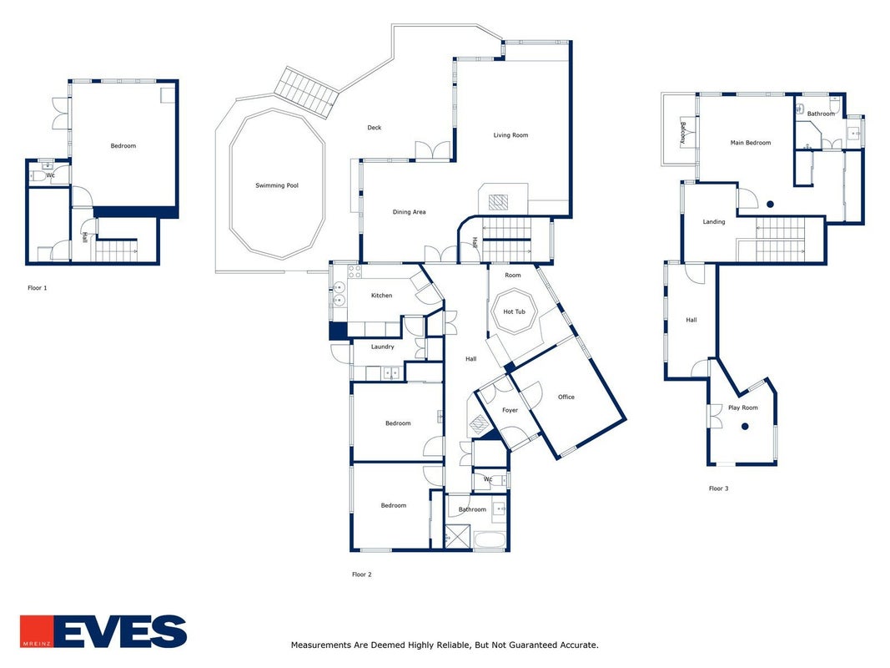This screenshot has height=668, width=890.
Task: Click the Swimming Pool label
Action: click(x=276, y=185)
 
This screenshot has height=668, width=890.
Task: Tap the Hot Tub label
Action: click(x=515, y=311)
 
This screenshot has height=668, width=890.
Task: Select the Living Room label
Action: click(x=510, y=135)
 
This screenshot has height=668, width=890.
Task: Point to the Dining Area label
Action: click(x=409, y=212)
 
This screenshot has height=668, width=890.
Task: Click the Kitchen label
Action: click(x=381, y=296)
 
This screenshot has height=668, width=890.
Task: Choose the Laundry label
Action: click(x=382, y=347)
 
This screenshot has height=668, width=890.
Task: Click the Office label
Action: click(x=566, y=397)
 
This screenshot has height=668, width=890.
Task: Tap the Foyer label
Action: click(x=510, y=410)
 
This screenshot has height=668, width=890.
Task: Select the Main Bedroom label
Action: click(x=751, y=143)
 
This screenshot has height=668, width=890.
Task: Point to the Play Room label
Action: click(x=742, y=407)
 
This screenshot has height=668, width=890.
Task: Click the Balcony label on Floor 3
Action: click(x=683, y=133)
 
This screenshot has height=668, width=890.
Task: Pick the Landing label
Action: click(x=713, y=221)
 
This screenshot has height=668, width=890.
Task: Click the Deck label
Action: click(x=374, y=128)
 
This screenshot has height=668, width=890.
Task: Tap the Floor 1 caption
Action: click(x=38, y=288)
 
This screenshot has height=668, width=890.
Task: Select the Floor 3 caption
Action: click(x=718, y=488)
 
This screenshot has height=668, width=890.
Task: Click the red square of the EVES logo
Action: click(x=37, y=631)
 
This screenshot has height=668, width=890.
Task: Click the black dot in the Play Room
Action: click(x=745, y=426)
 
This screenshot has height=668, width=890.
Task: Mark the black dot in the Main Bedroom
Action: click(x=770, y=204)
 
